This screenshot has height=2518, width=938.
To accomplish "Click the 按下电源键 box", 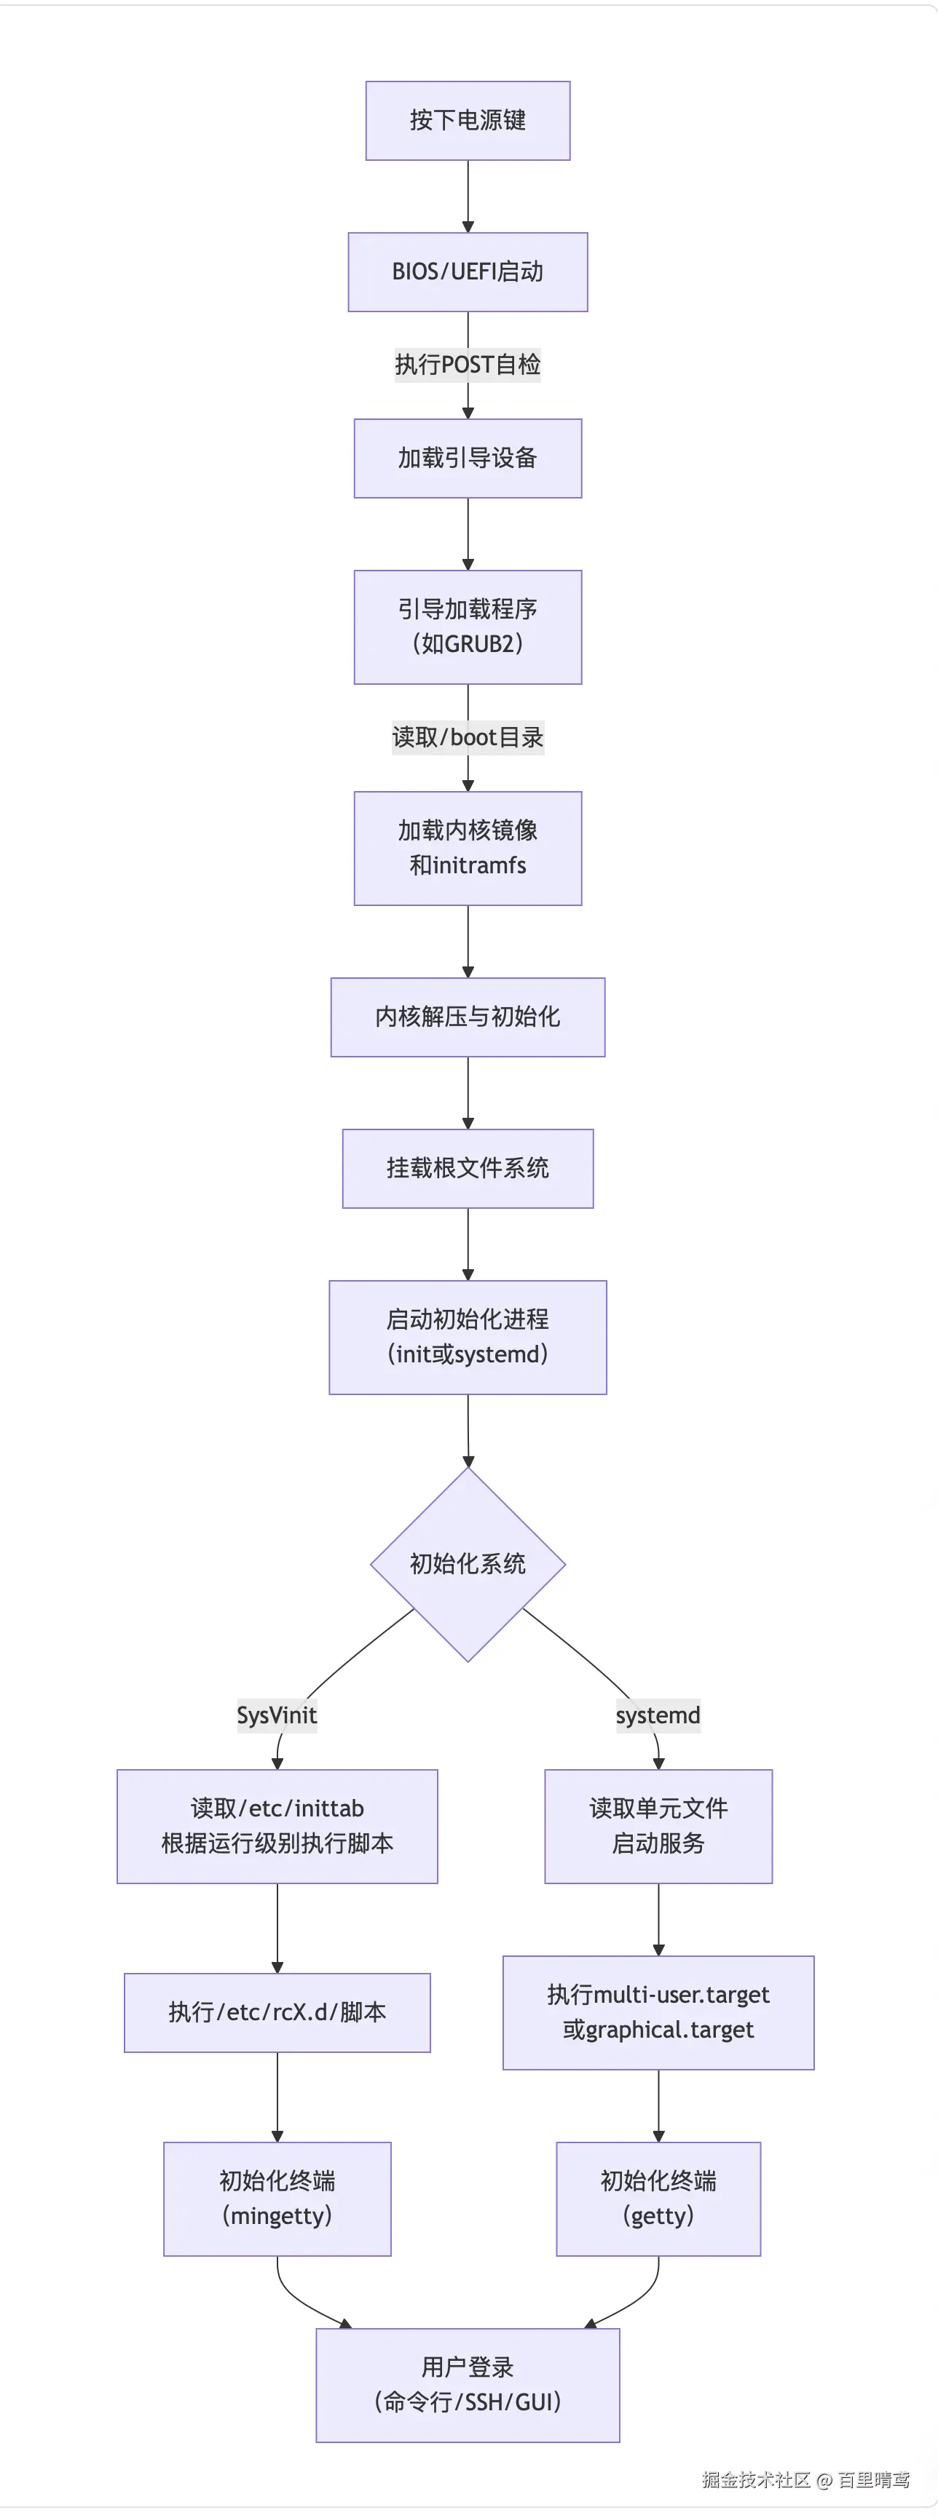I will [x=468, y=120].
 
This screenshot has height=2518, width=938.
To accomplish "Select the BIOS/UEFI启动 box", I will [x=468, y=271].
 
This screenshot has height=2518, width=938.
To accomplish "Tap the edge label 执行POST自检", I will [x=468, y=365].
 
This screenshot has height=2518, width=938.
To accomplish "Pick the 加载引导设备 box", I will [x=468, y=458].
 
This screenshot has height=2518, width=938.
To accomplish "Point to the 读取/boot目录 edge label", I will [x=468, y=737].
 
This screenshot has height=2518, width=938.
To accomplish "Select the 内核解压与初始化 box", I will [x=468, y=1017].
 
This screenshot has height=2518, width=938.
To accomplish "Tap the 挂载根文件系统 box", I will [x=468, y=1168].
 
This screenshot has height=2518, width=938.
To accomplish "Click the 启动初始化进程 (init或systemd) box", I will [x=468, y=1336].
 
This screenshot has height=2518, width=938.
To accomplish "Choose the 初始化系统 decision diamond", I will [x=468, y=1564].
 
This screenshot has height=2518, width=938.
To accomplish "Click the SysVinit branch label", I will [x=277, y=1715].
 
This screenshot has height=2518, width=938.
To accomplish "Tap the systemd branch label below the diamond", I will [x=658, y=1715].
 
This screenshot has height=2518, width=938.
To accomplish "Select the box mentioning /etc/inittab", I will [x=277, y=1825].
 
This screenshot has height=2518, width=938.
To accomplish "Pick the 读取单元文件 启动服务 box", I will [x=658, y=1825].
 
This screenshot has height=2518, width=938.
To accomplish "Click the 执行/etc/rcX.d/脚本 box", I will [x=277, y=2011].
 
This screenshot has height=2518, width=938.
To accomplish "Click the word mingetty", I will [x=277, y=2216].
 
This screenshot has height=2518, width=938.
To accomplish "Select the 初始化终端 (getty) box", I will [x=658, y=2199].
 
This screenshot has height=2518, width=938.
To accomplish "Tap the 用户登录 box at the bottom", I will [x=468, y=2384].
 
